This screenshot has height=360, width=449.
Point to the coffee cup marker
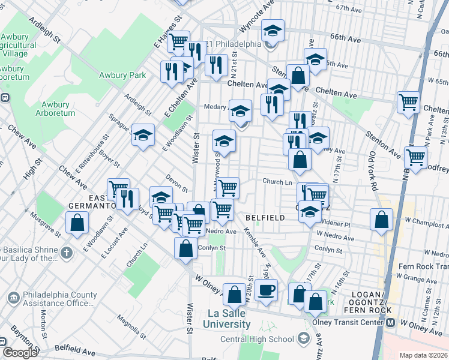tap(266, 290)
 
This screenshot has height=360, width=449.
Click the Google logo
tap(19, 353)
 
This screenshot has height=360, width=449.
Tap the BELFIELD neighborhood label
tap(265, 218)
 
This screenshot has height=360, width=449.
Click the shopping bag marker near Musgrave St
tap(77, 223)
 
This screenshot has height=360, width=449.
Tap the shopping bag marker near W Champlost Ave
tap(381, 220)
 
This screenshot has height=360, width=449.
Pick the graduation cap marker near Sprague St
tap(143, 135)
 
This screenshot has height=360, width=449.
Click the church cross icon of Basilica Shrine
tap(66, 253)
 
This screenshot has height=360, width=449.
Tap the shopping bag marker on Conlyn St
tap(186, 248)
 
